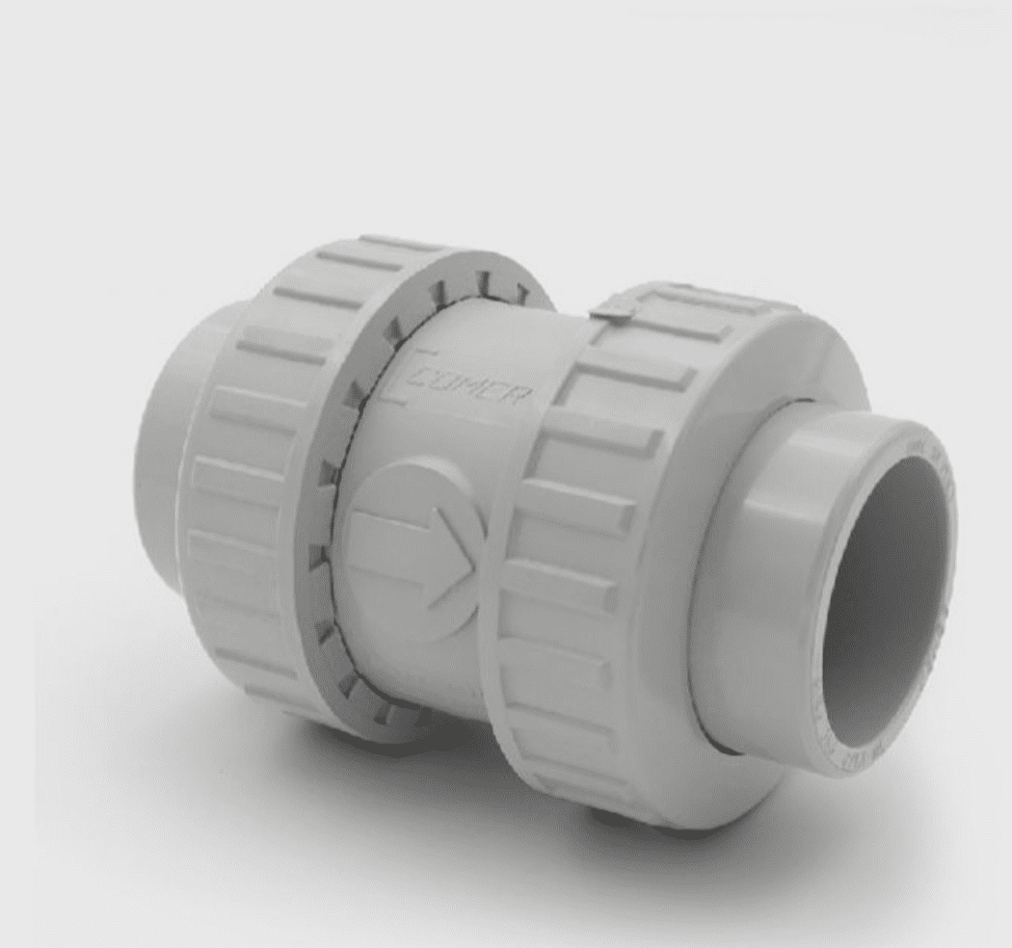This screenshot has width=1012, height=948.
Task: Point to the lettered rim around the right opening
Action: click(940, 511)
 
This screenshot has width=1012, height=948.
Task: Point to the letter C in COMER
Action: click(421, 377)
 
